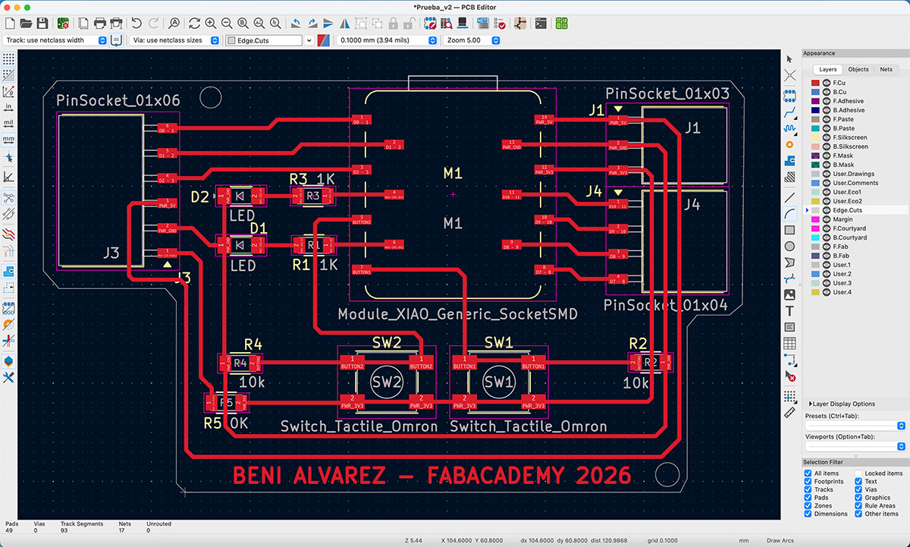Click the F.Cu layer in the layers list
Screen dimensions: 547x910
pyautogui.click(x=839, y=83)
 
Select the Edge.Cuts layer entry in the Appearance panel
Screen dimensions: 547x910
pyautogui.click(x=847, y=210)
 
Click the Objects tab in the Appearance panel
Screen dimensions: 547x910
pyautogui.click(x=858, y=69)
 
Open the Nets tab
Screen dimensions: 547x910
pyautogui.click(x=886, y=69)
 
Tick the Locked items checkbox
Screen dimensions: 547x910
pyautogui.click(x=859, y=473)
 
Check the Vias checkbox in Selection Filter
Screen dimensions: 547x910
pyautogui.click(x=859, y=490)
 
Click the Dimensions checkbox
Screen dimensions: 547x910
pyautogui.click(x=808, y=514)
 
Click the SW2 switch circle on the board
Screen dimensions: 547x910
pyautogui.click(x=386, y=382)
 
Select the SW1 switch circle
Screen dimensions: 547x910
pyautogui.click(x=499, y=382)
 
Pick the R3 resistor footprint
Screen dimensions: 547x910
pyautogui.click(x=313, y=196)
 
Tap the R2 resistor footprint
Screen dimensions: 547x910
pyautogui.click(x=650, y=363)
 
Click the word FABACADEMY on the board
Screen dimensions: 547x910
pyautogui.click(x=497, y=476)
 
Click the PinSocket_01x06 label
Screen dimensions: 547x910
pyautogui.click(x=118, y=101)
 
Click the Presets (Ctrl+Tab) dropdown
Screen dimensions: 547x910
pyautogui.click(x=855, y=426)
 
